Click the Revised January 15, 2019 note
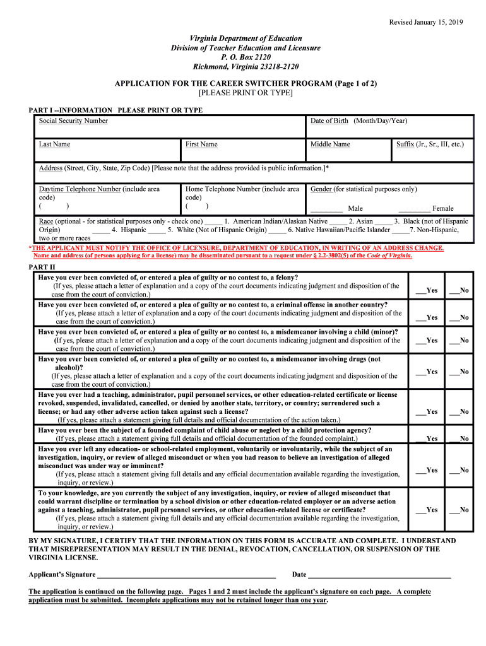coord(425,22)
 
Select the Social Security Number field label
coord(73,120)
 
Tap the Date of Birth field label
coord(359,120)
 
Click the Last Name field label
coord(54,144)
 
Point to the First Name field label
coord(201,144)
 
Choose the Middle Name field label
coord(329,144)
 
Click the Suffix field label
coord(429,144)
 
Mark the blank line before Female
coord(414,209)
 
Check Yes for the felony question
coord(420,291)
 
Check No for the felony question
coord(454,291)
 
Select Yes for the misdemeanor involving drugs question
coord(420,372)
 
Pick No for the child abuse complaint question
coord(454,438)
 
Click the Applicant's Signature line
coord(186,575)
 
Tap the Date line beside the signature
coord(379,575)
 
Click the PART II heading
coord(42,267)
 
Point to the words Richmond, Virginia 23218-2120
coord(246,67)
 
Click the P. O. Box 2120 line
coord(246,57)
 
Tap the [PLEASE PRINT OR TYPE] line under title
coord(246,93)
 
